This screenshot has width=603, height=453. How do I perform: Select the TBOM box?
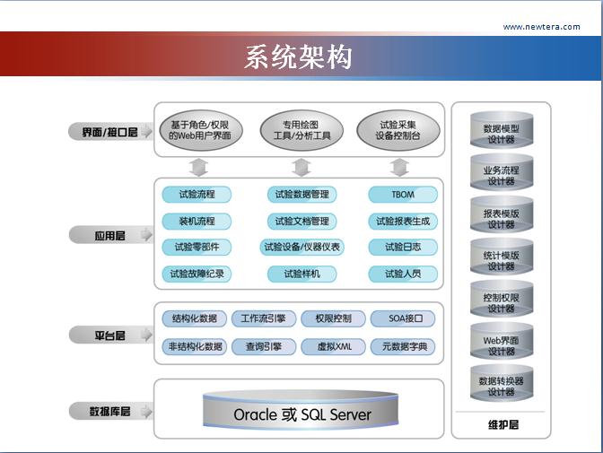(403, 194)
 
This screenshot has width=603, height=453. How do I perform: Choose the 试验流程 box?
(197, 194)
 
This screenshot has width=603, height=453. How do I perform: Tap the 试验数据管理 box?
(301, 194)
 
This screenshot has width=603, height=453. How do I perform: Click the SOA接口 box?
(403, 318)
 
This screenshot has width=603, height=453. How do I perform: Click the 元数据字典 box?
(404, 346)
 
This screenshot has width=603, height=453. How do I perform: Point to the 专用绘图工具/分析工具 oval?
(301, 130)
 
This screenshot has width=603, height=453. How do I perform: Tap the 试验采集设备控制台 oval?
(398, 130)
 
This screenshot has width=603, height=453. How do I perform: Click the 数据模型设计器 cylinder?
(501, 133)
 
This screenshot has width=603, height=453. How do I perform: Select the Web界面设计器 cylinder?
(501, 345)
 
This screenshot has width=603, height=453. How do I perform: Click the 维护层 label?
(501, 424)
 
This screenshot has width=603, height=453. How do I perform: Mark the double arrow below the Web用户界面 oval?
(198, 167)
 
